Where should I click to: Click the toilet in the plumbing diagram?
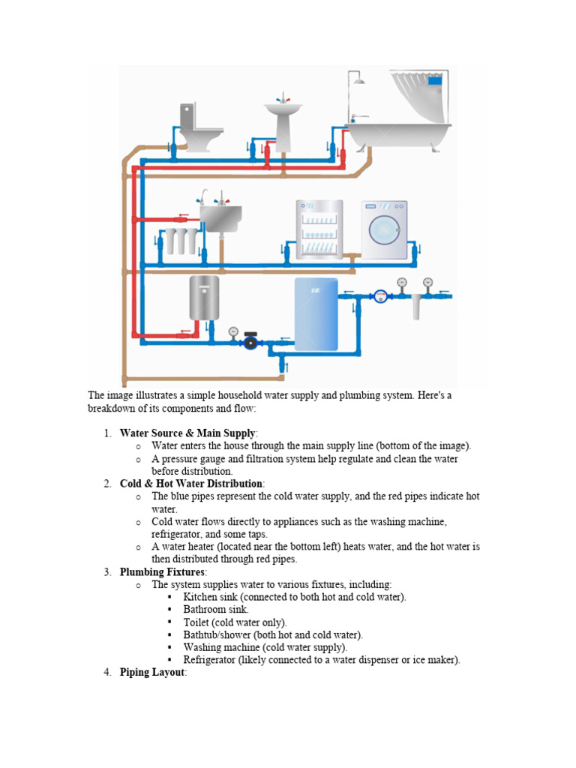click(x=199, y=129)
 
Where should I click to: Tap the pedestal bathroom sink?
click(x=283, y=120)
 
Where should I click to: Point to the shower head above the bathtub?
click(x=358, y=79)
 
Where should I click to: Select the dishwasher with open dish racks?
click(x=319, y=229)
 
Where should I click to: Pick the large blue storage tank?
click(x=316, y=313)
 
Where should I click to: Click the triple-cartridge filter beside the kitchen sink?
click(x=175, y=241)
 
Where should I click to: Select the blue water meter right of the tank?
click(x=382, y=296)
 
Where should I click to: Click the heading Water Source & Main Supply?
click(x=187, y=433)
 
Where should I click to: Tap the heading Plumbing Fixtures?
click(x=160, y=571)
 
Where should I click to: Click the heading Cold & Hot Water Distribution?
click(x=191, y=483)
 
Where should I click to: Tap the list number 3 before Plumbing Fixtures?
click(x=107, y=571)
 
